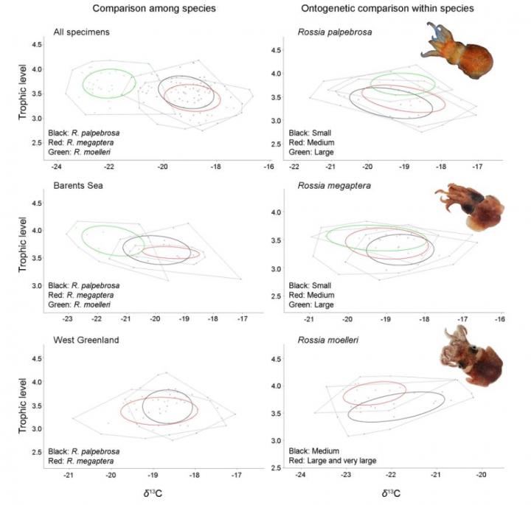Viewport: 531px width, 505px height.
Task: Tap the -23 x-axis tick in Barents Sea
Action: pyautogui.click(x=67, y=319)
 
